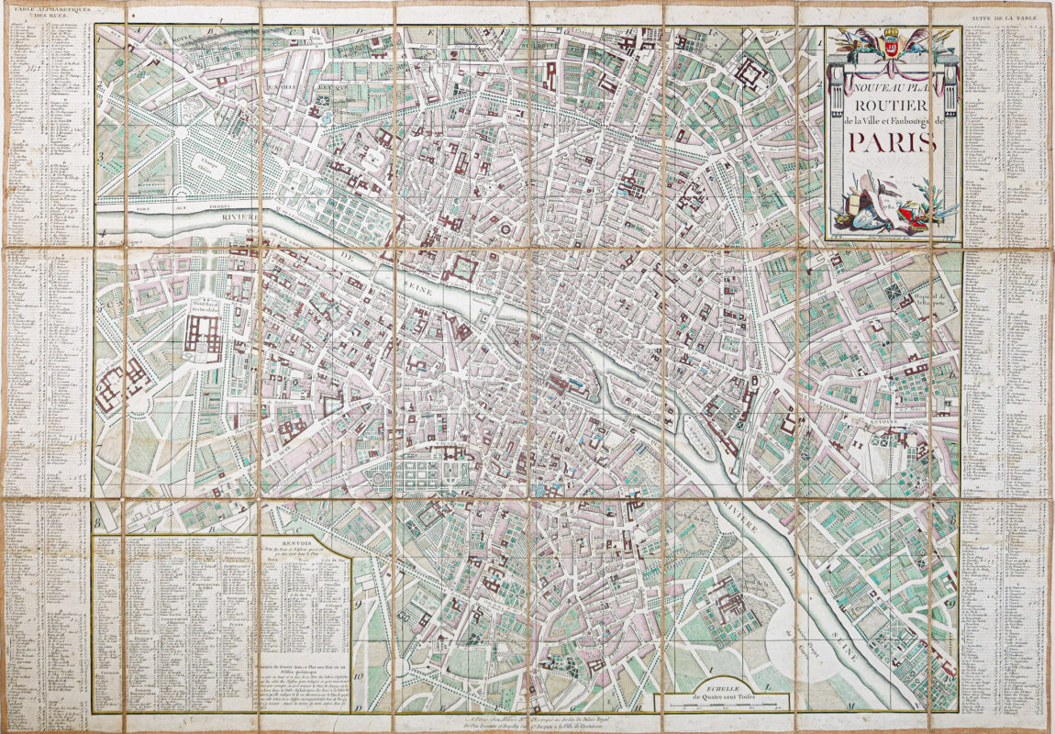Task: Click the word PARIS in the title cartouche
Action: click(x=892, y=142)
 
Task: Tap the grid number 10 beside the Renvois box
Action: click(x=361, y=679)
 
